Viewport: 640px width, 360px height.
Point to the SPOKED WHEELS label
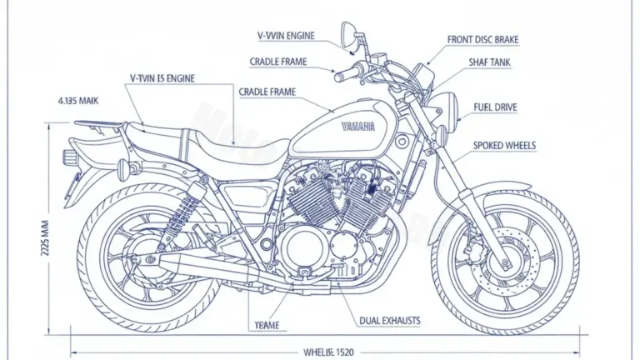pos(504,146)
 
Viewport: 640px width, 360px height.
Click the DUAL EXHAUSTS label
pos(389,321)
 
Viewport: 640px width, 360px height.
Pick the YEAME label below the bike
pos(267,325)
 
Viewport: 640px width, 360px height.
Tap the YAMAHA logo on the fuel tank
pos(358,126)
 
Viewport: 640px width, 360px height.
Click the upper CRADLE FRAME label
pos(278,62)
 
